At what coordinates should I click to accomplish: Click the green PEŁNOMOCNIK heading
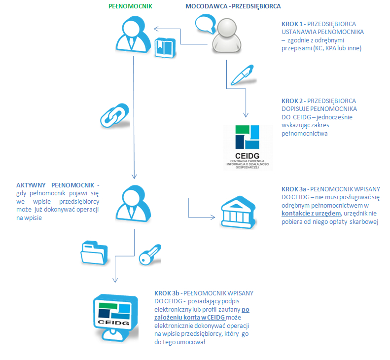(130, 6)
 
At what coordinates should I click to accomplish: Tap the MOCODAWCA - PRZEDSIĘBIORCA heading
(233, 6)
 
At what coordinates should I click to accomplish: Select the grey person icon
(227, 36)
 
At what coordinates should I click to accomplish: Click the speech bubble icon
(206, 24)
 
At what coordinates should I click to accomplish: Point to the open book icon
(165, 48)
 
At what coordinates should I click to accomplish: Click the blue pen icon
(243, 75)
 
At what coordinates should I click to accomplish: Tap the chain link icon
(115, 116)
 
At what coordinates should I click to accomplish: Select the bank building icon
(238, 212)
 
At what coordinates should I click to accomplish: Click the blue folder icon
(94, 252)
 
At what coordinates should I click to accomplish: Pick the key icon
(150, 254)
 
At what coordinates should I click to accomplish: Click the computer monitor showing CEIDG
(116, 318)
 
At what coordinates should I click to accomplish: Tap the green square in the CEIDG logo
(242, 129)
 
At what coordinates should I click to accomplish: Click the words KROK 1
(292, 24)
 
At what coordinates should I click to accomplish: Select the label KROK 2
(292, 101)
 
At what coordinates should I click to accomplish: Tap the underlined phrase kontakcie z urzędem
(311, 214)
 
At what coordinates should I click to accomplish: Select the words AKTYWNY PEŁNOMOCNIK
(55, 185)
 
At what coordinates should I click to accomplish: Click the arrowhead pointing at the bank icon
(213, 217)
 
